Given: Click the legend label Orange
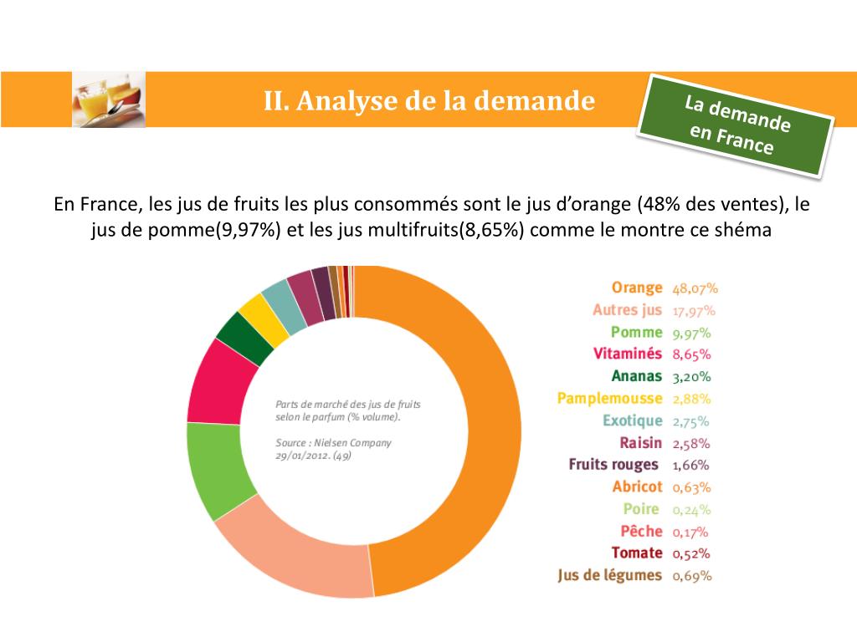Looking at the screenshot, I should [636, 288].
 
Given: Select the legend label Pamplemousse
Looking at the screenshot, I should [609, 398].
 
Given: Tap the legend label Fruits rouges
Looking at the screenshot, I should [613, 465].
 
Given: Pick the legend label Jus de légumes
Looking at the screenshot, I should [609, 575].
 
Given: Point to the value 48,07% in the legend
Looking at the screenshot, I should [695, 288].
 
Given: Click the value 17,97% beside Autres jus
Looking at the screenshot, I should [694, 310].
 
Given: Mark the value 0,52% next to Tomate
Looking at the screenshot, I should [691, 553].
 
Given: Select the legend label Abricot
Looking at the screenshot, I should [636, 487].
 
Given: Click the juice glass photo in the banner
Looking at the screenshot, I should [109, 99].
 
